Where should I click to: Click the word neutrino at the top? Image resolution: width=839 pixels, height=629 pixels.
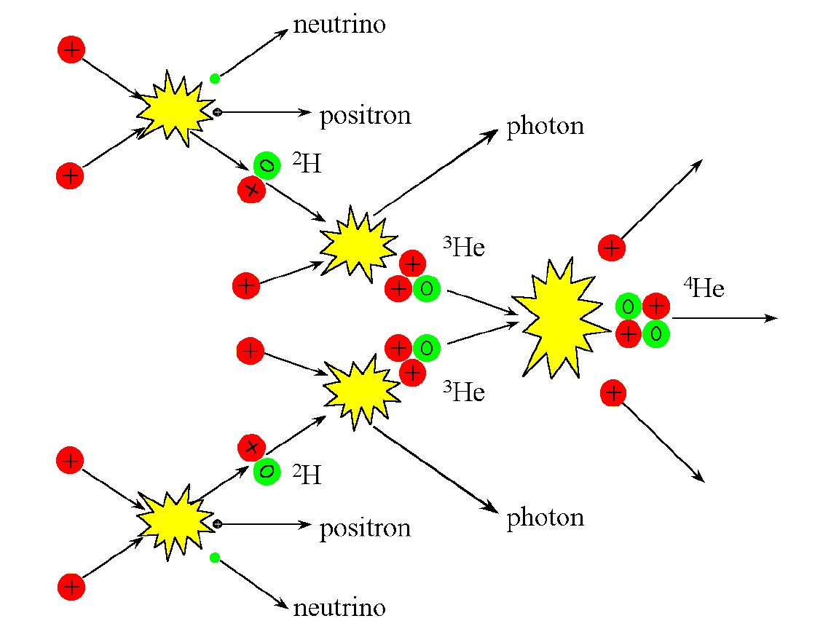tap(339, 25)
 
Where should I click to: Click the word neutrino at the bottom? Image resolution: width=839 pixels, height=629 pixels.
tap(339, 607)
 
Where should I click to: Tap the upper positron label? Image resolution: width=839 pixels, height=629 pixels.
tap(365, 116)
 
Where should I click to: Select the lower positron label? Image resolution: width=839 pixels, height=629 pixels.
tap(365, 528)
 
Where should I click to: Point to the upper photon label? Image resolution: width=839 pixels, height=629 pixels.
tap(545, 127)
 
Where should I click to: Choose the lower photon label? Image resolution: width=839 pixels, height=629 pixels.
tap(545, 518)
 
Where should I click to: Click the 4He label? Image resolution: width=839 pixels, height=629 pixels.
tap(704, 288)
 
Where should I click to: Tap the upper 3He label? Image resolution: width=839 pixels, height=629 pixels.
tap(464, 248)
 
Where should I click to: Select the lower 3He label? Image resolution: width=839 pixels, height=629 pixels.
tap(464, 392)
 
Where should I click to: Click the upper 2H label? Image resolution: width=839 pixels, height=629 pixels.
tap(307, 165)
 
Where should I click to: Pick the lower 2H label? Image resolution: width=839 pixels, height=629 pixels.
tap(307, 475)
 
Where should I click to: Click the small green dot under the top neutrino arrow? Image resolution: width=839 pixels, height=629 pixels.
tap(214, 79)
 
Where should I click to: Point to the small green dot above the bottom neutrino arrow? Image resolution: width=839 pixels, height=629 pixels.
tap(214, 558)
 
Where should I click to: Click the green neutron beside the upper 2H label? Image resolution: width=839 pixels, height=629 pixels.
tap(267, 166)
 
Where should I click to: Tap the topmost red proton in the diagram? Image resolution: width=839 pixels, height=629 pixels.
tap(71, 50)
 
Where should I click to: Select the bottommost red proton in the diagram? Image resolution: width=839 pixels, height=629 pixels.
tap(71, 587)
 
